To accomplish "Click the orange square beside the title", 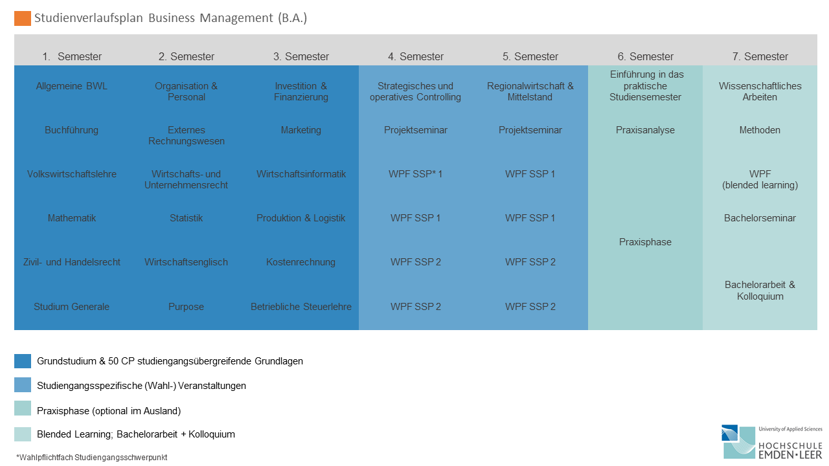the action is (22, 18).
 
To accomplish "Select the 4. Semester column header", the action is (416, 56).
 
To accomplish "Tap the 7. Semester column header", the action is (760, 56).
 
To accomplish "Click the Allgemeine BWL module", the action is (71, 86).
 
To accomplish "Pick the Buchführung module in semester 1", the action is (71, 130).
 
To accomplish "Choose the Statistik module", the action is (186, 218).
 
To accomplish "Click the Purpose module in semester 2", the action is (186, 307).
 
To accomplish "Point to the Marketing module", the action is (301, 130).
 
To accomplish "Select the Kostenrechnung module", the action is (301, 262).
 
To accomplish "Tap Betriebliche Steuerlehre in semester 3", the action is (301, 307).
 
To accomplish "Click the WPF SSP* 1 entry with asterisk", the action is (416, 174).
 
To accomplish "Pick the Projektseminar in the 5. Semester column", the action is (530, 130).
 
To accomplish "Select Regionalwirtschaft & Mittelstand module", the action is (530, 91).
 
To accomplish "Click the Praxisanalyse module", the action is (645, 130).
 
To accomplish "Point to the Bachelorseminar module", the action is (760, 218).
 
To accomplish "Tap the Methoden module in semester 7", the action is (760, 130).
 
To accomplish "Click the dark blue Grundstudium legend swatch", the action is (23, 361).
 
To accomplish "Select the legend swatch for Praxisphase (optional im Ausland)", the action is (23, 408).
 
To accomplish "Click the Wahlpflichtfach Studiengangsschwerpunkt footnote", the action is (92, 458).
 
